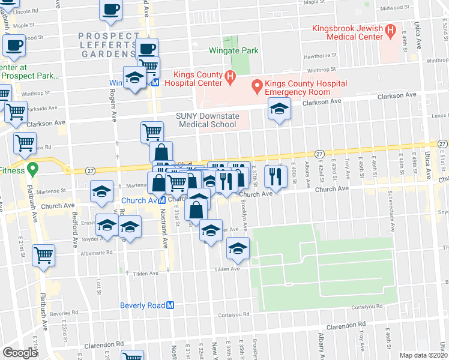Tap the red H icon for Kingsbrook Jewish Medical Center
coord(390,28)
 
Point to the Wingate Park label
coord(234,50)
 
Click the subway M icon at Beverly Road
coord(170,305)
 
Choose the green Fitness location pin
coord(33,170)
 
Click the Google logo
coord(20,352)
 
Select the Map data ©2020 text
coord(423,355)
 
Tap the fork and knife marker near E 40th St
coord(276,175)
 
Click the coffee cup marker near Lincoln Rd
coord(110,9)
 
